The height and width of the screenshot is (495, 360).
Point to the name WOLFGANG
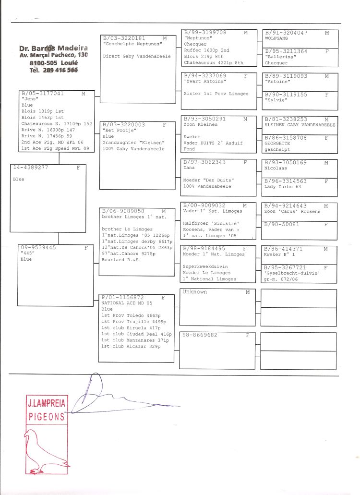pyautogui.click(x=276, y=38)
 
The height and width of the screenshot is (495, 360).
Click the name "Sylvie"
pyautogui.click(x=274, y=100)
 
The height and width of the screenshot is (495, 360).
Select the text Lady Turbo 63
pyautogui.click(x=282, y=186)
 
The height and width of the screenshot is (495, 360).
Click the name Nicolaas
pyautogui.click(x=275, y=169)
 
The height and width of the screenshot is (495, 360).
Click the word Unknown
pyautogui.click(x=195, y=292)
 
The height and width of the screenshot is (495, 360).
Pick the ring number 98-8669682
pyautogui.click(x=200, y=335)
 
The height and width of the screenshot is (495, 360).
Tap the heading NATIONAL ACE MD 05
pyautogui.click(x=126, y=303)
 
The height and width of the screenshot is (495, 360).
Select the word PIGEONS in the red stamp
pyautogui.click(x=47, y=417)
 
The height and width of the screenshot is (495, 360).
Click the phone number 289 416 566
pyautogui.click(x=60, y=70)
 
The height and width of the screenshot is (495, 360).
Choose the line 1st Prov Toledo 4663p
pyautogui.click(x=131, y=315)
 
